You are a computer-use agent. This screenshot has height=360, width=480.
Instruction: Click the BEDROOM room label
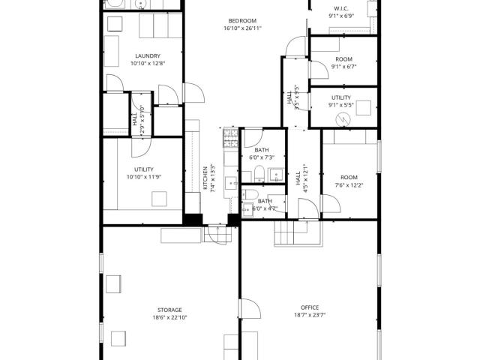[242, 21]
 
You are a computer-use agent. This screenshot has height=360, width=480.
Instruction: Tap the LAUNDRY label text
[148, 56]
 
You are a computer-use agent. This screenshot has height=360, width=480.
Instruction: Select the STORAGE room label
[170, 310]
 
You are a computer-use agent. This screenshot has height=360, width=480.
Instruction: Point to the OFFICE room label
[310, 307]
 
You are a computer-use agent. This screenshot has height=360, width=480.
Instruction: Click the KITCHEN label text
[205, 178]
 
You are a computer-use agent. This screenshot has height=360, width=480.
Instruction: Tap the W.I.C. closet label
[341, 8]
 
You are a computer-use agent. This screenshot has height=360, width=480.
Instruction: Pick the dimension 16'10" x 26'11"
[243, 28]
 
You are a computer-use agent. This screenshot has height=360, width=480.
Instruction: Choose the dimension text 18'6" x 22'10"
[170, 318]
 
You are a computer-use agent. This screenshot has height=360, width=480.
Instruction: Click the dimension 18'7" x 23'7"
[310, 315]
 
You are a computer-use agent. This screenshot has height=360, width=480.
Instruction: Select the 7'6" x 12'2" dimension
[349, 185]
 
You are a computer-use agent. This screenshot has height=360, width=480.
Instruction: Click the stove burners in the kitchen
[230, 138]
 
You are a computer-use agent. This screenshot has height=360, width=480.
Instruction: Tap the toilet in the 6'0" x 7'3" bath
[259, 174]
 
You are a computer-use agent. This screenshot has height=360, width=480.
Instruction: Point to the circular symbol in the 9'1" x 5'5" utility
[343, 120]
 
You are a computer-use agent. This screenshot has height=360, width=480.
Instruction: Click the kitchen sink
[232, 183]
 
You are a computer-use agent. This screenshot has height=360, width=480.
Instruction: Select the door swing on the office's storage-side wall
[250, 309]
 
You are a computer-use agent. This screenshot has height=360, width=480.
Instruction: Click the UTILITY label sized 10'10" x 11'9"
[144, 169]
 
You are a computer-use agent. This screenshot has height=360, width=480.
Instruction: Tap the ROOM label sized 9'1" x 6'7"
[343, 59]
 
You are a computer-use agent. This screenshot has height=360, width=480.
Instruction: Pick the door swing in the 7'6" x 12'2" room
[331, 203]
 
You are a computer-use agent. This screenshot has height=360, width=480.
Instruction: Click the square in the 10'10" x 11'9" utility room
[159, 199]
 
